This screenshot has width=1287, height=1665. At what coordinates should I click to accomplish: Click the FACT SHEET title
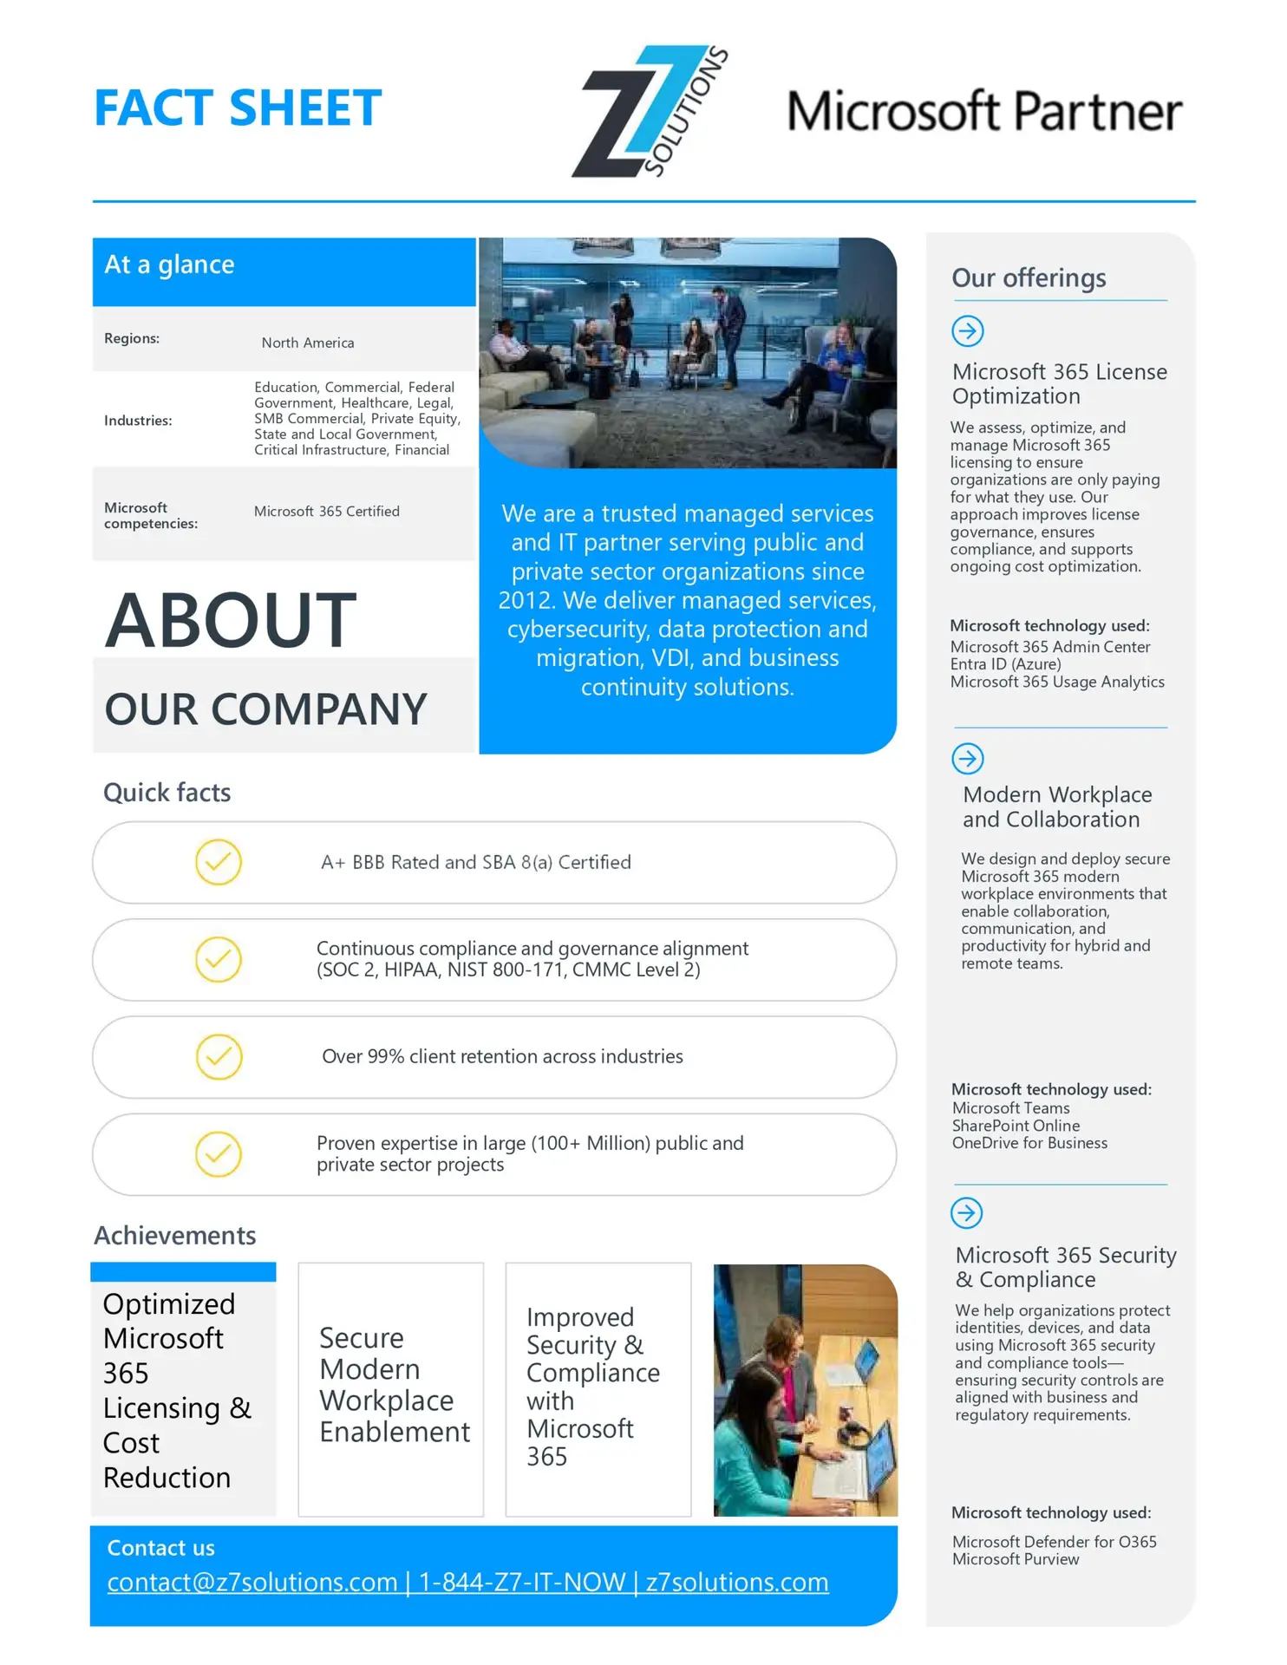[x=237, y=108]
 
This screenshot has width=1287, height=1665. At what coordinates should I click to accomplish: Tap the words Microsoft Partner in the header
[x=983, y=111]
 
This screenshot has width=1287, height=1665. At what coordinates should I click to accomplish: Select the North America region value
[x=308, y=343]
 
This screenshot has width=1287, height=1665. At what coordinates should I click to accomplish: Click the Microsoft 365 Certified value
[x=327, y=512]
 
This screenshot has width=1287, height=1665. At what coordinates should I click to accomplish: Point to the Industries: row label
[x=138, y=421]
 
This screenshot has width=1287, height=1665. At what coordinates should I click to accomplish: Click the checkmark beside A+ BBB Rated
[x=219, y=862]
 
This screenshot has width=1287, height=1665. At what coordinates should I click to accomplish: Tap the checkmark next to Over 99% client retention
[x=219, y=1056]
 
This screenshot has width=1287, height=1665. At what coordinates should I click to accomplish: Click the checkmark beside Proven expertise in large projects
[x=219, y=1154]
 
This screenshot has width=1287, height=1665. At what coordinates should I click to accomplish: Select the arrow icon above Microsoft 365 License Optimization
[x=968, y=330]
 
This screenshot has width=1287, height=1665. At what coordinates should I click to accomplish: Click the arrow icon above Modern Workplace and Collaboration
[x=968, y=759]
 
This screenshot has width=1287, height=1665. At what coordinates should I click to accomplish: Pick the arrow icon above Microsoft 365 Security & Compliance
[x=967, y=1212]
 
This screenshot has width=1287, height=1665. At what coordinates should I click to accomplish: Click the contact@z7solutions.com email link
[x=252, y=1583]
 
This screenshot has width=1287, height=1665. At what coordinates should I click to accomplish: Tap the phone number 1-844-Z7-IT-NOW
[x=522, y=1583]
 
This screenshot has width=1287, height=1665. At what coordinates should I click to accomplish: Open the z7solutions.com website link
[x=737, y=1583]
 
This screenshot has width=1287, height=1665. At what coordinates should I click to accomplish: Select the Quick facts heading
[x=167, y=793]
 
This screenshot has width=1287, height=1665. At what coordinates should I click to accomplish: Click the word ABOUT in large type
[x=231, y=620]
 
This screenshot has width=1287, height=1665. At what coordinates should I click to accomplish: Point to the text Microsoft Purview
[x=1016, y=1559]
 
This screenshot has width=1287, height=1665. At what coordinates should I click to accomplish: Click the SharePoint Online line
[x=1016, y=1126]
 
